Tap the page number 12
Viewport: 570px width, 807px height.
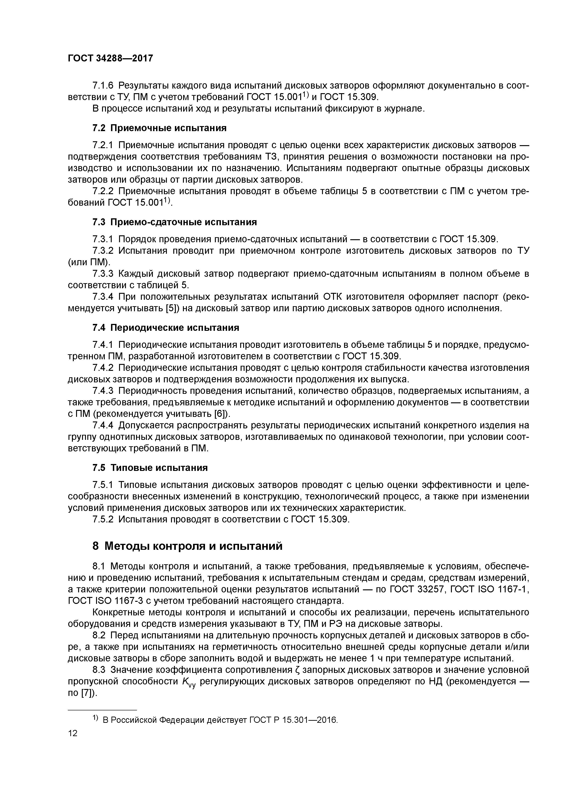[x=73, y=733]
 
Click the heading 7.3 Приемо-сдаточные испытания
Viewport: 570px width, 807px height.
[x=174, y=222]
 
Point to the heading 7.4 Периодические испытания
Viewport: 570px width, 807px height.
[x=165, y=328]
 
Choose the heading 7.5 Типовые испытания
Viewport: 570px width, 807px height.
[x=150, y=468]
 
